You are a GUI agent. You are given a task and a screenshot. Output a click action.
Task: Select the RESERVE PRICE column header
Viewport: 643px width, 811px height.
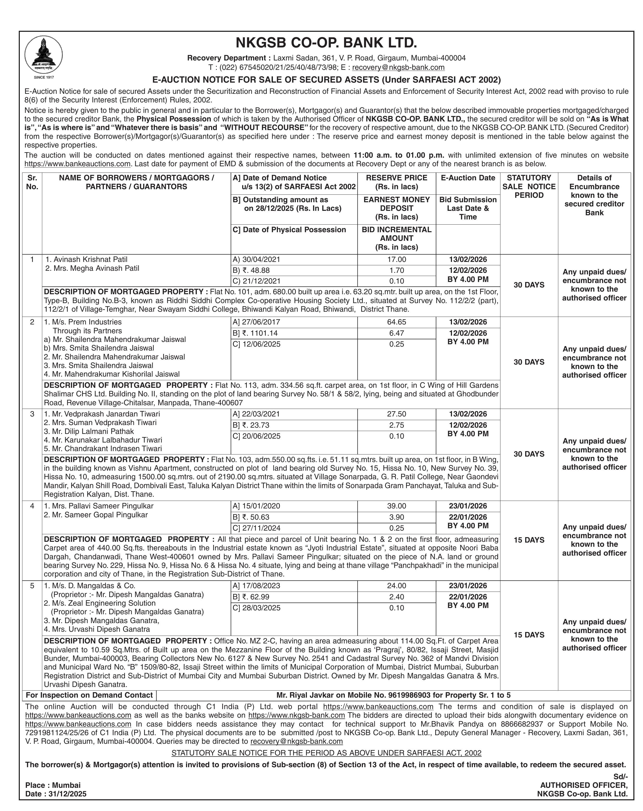(x=396, y=182)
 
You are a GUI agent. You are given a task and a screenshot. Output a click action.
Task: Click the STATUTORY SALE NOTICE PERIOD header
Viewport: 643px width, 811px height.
(x=529, y=187)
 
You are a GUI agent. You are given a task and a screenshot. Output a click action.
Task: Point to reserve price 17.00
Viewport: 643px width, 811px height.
(x=396, y=260)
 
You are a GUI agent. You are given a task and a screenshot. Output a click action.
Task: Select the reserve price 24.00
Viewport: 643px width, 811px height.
(x=396, y=586)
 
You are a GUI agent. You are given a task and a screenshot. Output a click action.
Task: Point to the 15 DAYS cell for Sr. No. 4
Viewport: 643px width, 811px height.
(x=529, y=540)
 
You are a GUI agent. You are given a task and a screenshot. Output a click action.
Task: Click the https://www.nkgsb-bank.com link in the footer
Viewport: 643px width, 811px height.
(x=297, y=715)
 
